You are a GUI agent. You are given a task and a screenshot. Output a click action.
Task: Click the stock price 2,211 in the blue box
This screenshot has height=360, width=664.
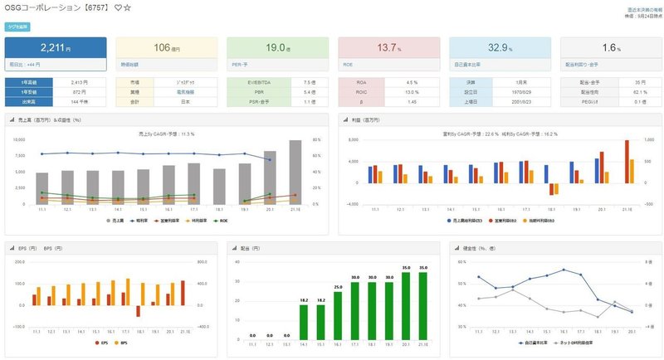click(x=51, y=47)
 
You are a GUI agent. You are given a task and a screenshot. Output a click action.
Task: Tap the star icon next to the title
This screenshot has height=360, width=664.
click(x=127, y=7)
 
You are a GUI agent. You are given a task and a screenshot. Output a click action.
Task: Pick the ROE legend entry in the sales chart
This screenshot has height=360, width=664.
click(x=218, y=221)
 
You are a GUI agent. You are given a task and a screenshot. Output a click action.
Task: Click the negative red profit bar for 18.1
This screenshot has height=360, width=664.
click(x=551, y=188)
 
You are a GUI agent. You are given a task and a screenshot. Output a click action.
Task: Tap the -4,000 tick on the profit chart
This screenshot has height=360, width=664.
click(x=351, y=204)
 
